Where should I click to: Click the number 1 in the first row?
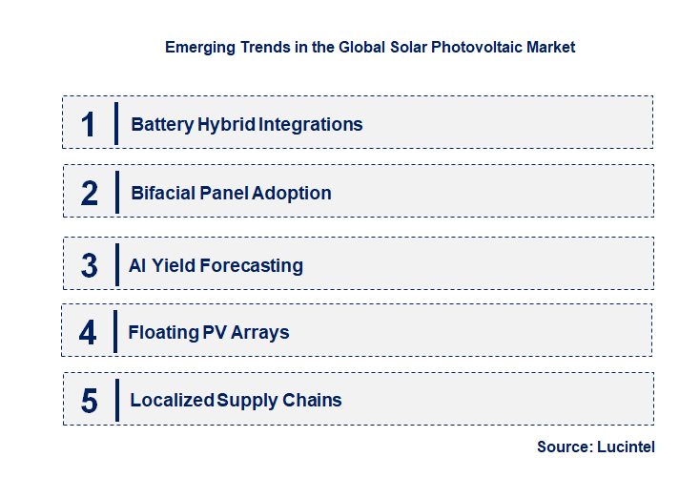89,124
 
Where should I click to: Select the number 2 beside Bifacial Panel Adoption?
90,193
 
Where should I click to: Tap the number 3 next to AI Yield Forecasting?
90,265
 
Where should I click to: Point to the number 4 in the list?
89,333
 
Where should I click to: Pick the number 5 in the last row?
90,401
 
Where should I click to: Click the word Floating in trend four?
163,333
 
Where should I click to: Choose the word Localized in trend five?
172,401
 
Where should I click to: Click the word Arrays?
260,333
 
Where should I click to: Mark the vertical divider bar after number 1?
115,124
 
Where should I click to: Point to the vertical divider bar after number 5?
115,401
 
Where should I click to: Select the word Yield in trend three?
175,265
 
